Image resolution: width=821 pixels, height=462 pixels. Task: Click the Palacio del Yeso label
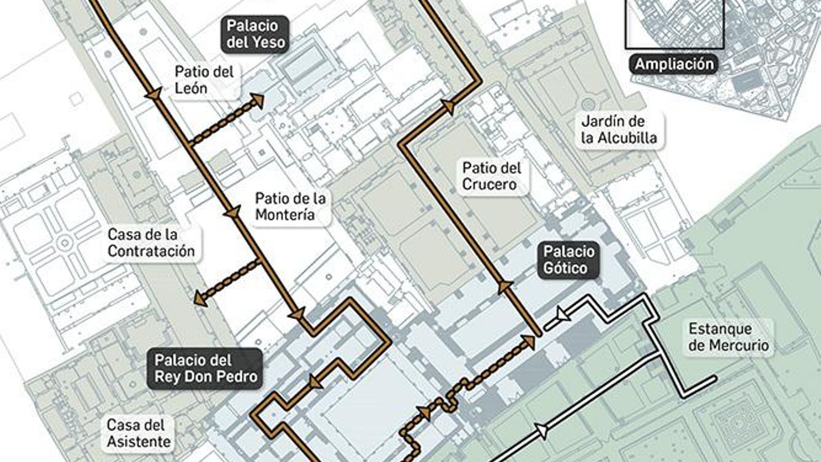[255, 34]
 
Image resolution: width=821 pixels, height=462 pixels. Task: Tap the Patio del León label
[204, 80]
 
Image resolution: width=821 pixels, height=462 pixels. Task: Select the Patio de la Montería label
[290, 206]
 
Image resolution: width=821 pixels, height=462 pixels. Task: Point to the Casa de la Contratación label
[151, 243]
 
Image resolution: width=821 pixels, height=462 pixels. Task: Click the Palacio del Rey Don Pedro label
[206, 369]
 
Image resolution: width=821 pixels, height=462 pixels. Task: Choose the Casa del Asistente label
[139, 433]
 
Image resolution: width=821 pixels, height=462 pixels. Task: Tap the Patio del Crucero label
[491, 176]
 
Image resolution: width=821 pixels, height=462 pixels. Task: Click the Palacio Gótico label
[569, 260]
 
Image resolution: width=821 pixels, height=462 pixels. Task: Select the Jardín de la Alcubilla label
[619, 130]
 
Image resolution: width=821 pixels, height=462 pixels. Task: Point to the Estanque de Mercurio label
[728, 337]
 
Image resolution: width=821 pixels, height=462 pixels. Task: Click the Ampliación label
[674, 64]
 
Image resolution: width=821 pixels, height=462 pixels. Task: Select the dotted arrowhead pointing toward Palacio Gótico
[529, 341]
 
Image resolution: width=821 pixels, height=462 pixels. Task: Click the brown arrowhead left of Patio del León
[153, 94]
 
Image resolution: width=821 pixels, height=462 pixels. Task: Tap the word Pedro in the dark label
[236, 377]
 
